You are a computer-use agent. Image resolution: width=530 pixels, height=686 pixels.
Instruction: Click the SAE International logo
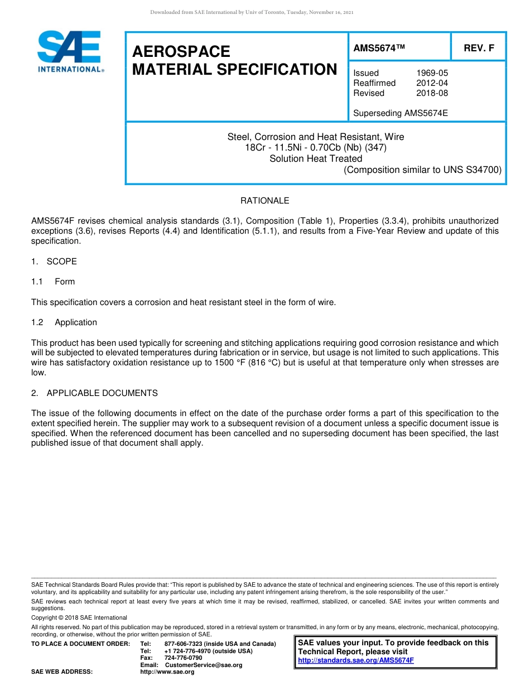pyautogui.click(x=69, y=51)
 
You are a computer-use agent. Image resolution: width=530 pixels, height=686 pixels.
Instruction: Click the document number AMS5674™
pyautogui.click(x=379, y=48)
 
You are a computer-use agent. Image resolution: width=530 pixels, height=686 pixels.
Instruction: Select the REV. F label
pyautogui.click(x=479, y=48)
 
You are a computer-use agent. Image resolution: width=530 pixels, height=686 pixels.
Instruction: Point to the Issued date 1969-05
pyautogui.click(x=432, y=73)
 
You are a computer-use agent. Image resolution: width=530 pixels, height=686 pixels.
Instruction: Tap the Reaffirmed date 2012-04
pyautogui.click(x=432, y=83)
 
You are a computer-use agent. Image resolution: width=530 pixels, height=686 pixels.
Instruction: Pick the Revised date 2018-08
pyautogui.click(x=432, y=93)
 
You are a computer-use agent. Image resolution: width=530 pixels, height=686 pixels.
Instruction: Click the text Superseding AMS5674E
pyautogui.click(x=400, y=113)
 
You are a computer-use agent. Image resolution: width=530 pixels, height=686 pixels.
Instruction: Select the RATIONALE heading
pyautogui.click(x=264, y=201)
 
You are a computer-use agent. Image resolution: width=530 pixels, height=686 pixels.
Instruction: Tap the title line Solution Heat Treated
pyautogui.click(x=316, y=158)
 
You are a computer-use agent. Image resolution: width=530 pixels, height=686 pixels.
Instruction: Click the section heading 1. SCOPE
pyautogui.click(x=54, y=262)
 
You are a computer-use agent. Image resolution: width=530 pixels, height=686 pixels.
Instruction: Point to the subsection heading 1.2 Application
pyautogui.click(x=64, y=322)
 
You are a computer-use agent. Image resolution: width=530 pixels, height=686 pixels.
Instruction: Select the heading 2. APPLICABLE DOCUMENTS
pyautogui.click(x=94, y=393)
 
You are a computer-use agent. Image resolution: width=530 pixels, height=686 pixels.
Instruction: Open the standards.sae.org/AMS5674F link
pyautogui.click(x=355, y=660)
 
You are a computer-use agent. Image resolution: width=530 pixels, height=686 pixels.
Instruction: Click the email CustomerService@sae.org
pyautogui.click(x=204, y=665)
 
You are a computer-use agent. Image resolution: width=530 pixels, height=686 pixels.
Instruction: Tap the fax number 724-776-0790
pyautogui.click(x=183, y=658)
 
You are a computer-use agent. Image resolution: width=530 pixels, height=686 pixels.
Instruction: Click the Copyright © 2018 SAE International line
pyautogui.click(x=79, y=617)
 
